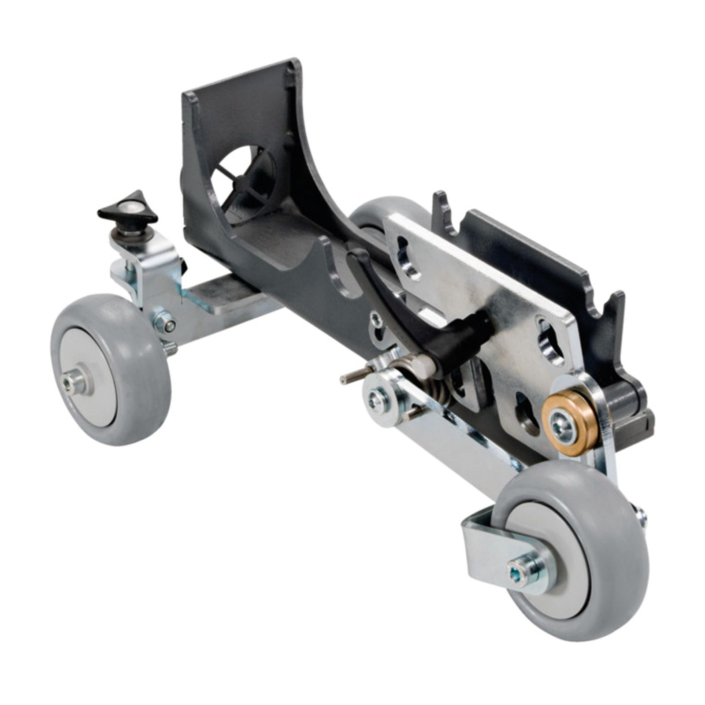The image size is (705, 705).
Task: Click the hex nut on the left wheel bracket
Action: click(163, 321)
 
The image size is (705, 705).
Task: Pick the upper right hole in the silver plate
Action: click(549, 339)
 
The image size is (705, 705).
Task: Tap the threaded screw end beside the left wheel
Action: click(170, 350)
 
